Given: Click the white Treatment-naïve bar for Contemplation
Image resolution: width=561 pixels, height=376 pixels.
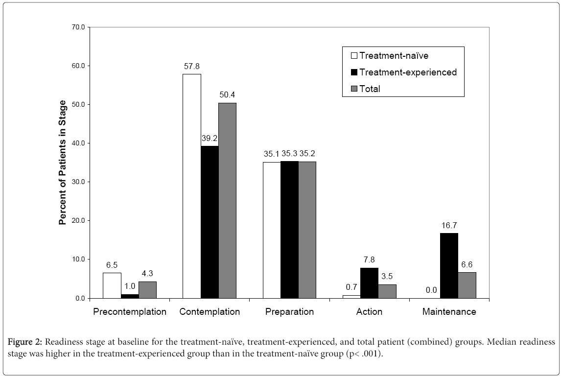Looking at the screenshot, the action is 192,186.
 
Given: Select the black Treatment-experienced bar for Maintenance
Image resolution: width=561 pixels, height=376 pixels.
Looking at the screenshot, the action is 449,266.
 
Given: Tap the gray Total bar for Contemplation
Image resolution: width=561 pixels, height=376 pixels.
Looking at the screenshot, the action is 227,201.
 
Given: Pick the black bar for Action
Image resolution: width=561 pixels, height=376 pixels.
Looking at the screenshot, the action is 369,283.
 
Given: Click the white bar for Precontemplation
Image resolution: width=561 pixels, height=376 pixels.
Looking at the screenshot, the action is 112,285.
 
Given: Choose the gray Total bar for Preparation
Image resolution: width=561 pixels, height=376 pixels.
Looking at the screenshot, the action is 307,230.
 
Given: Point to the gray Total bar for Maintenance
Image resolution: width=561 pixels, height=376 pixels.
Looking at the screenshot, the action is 467,285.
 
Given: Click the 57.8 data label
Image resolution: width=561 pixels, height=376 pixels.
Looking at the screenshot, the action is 192,67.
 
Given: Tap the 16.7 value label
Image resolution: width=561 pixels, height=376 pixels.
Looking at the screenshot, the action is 449,225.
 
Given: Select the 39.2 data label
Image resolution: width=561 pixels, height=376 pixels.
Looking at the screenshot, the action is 210,139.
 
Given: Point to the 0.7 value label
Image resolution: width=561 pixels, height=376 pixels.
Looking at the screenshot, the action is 351,287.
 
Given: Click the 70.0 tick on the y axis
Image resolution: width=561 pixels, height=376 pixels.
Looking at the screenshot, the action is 78,27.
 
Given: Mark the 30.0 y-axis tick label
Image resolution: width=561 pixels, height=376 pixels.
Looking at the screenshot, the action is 78,182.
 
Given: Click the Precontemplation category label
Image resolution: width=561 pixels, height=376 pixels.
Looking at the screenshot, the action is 130,311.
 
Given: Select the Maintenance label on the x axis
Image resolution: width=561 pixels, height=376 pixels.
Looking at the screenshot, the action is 449,311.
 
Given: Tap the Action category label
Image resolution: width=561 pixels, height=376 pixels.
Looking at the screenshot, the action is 369,311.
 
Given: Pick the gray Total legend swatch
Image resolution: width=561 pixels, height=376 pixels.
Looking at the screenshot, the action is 354,89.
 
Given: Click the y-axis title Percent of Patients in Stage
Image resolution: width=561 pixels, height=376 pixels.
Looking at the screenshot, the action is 63,163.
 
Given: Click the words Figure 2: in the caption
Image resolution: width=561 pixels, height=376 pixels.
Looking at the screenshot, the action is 24,342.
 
